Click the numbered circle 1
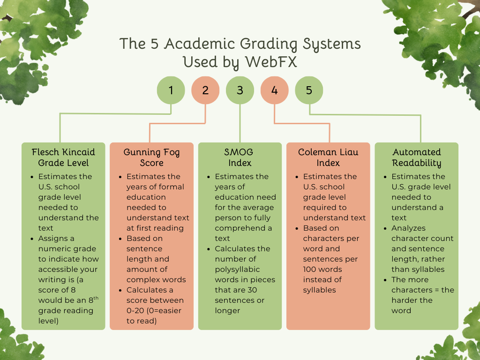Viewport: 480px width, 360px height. click(171, 90)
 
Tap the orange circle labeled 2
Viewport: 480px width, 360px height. click(205, 90)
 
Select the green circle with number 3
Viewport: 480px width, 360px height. click(240, 90)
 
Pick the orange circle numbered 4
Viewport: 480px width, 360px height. click(274, 90)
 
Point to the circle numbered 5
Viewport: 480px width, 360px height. click(309, 90)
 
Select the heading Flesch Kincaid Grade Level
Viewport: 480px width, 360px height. click(63, 157)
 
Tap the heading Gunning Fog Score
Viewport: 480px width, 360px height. click(151, 157)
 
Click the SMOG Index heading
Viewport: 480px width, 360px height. click(240, 157)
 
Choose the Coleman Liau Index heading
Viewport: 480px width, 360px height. click(328, 157)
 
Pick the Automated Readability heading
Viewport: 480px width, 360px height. click(417, 157)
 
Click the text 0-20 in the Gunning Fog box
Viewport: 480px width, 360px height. click(136, 311)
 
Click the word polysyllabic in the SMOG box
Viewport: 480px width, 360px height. click(237, 270)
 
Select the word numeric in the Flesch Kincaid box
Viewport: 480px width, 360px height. click(56, 249)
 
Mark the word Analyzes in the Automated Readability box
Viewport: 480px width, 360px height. click(409, 228)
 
